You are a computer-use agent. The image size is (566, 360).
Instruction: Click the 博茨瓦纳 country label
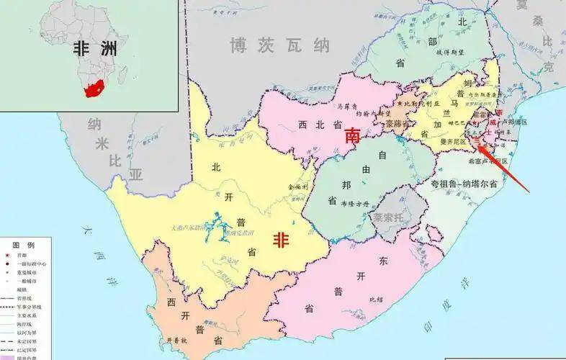pos(280,46)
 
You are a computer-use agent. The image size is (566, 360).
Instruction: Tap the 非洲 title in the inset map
pos(95,49)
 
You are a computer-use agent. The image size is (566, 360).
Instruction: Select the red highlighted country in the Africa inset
pos(92,91)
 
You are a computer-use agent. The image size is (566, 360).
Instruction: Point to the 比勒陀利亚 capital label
pos(418,104)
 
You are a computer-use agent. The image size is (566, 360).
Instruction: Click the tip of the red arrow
pos(477,143)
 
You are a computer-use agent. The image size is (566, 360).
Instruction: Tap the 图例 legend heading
pos(27,245)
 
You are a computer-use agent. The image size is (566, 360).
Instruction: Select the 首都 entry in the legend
pos(22,255)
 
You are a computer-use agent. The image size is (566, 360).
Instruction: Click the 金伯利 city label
pos(298,185)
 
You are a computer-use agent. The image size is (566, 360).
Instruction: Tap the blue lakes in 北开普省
pos(217,225)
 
